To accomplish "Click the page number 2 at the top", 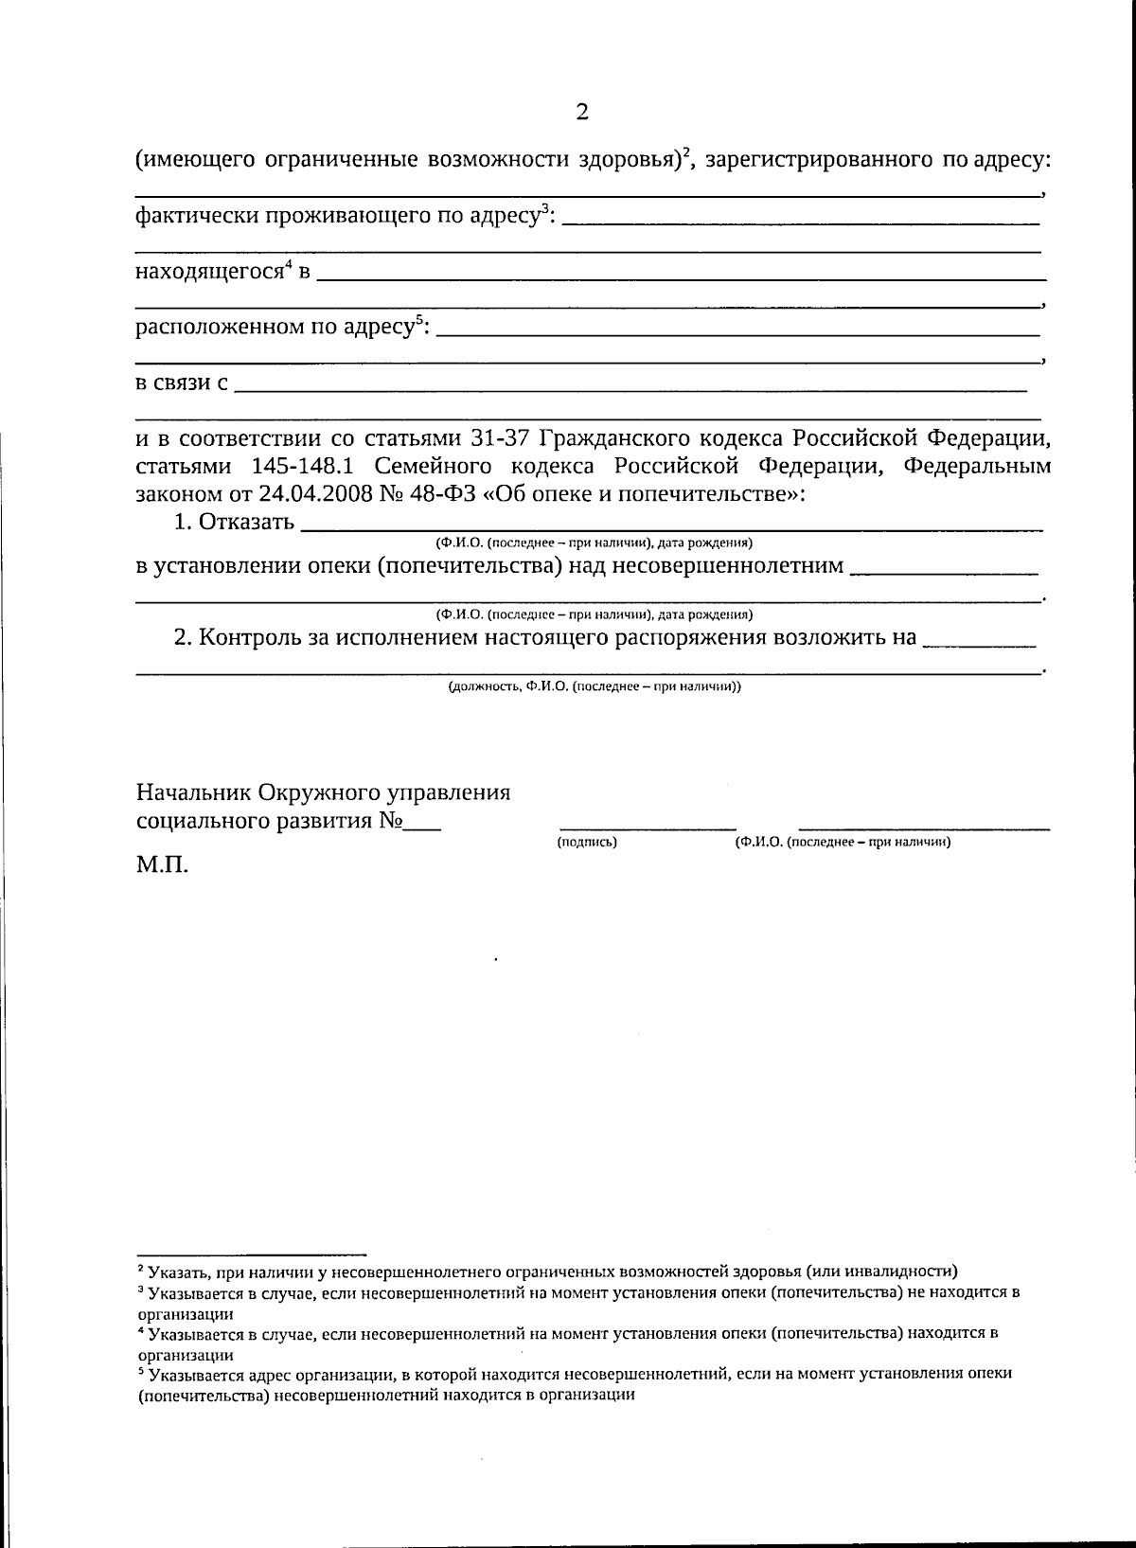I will (581, 113).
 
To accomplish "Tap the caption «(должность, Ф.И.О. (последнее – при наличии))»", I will (595, 686).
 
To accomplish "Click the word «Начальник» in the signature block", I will (192, 792).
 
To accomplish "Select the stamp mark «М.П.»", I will (162, 865).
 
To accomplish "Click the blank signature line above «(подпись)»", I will (648, 828).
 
